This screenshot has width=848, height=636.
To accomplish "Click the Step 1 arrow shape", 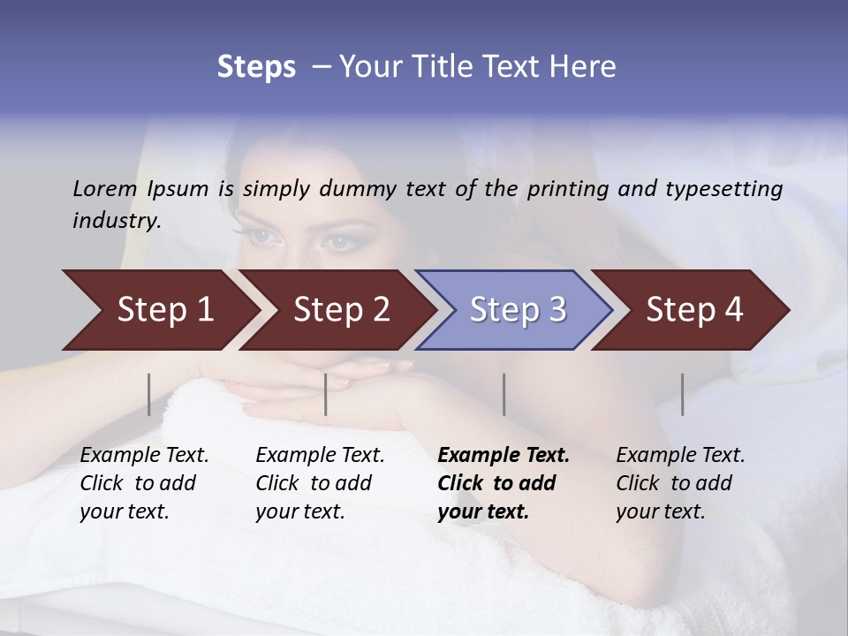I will click(x=159, y=310).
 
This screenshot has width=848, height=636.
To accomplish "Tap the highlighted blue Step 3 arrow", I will click(x=516, y=310).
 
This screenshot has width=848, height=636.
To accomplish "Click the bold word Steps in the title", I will click(x=256, y=67).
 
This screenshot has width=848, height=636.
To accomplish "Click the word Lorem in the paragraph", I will click(x=104, y=188).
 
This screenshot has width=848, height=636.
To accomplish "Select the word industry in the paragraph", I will click(x=116, y=221).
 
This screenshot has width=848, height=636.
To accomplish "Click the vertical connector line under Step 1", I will click(x=149, y=394).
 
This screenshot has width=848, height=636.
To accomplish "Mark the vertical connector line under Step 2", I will click(x=326, y=394).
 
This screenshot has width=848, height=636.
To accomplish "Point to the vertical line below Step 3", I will click(x=504, y=394).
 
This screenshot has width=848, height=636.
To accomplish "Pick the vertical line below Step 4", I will click(x=683, y=394).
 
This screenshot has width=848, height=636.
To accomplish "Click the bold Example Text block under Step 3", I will click(x=503, y=483).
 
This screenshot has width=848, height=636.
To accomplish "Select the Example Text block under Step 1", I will click(x=144, y=483).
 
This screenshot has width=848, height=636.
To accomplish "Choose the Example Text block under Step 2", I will click(x=320, y=483).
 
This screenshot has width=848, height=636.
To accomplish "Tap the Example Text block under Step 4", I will click(x=680, y=483).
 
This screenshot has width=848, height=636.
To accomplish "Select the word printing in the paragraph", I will click(x=566, y=189).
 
